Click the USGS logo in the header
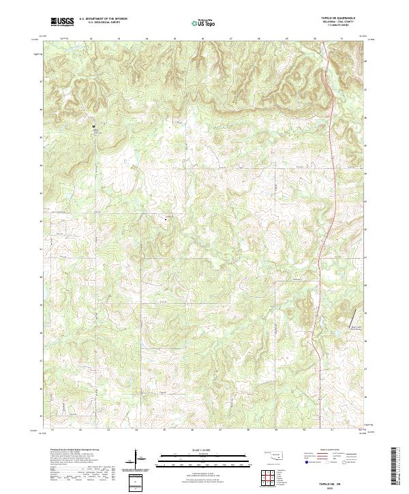pyautogui.click(x=62, y=22)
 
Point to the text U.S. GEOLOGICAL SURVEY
pyautogui.click(x=100, y=22)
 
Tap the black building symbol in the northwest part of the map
pyautogui.click(x=94, y=126)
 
